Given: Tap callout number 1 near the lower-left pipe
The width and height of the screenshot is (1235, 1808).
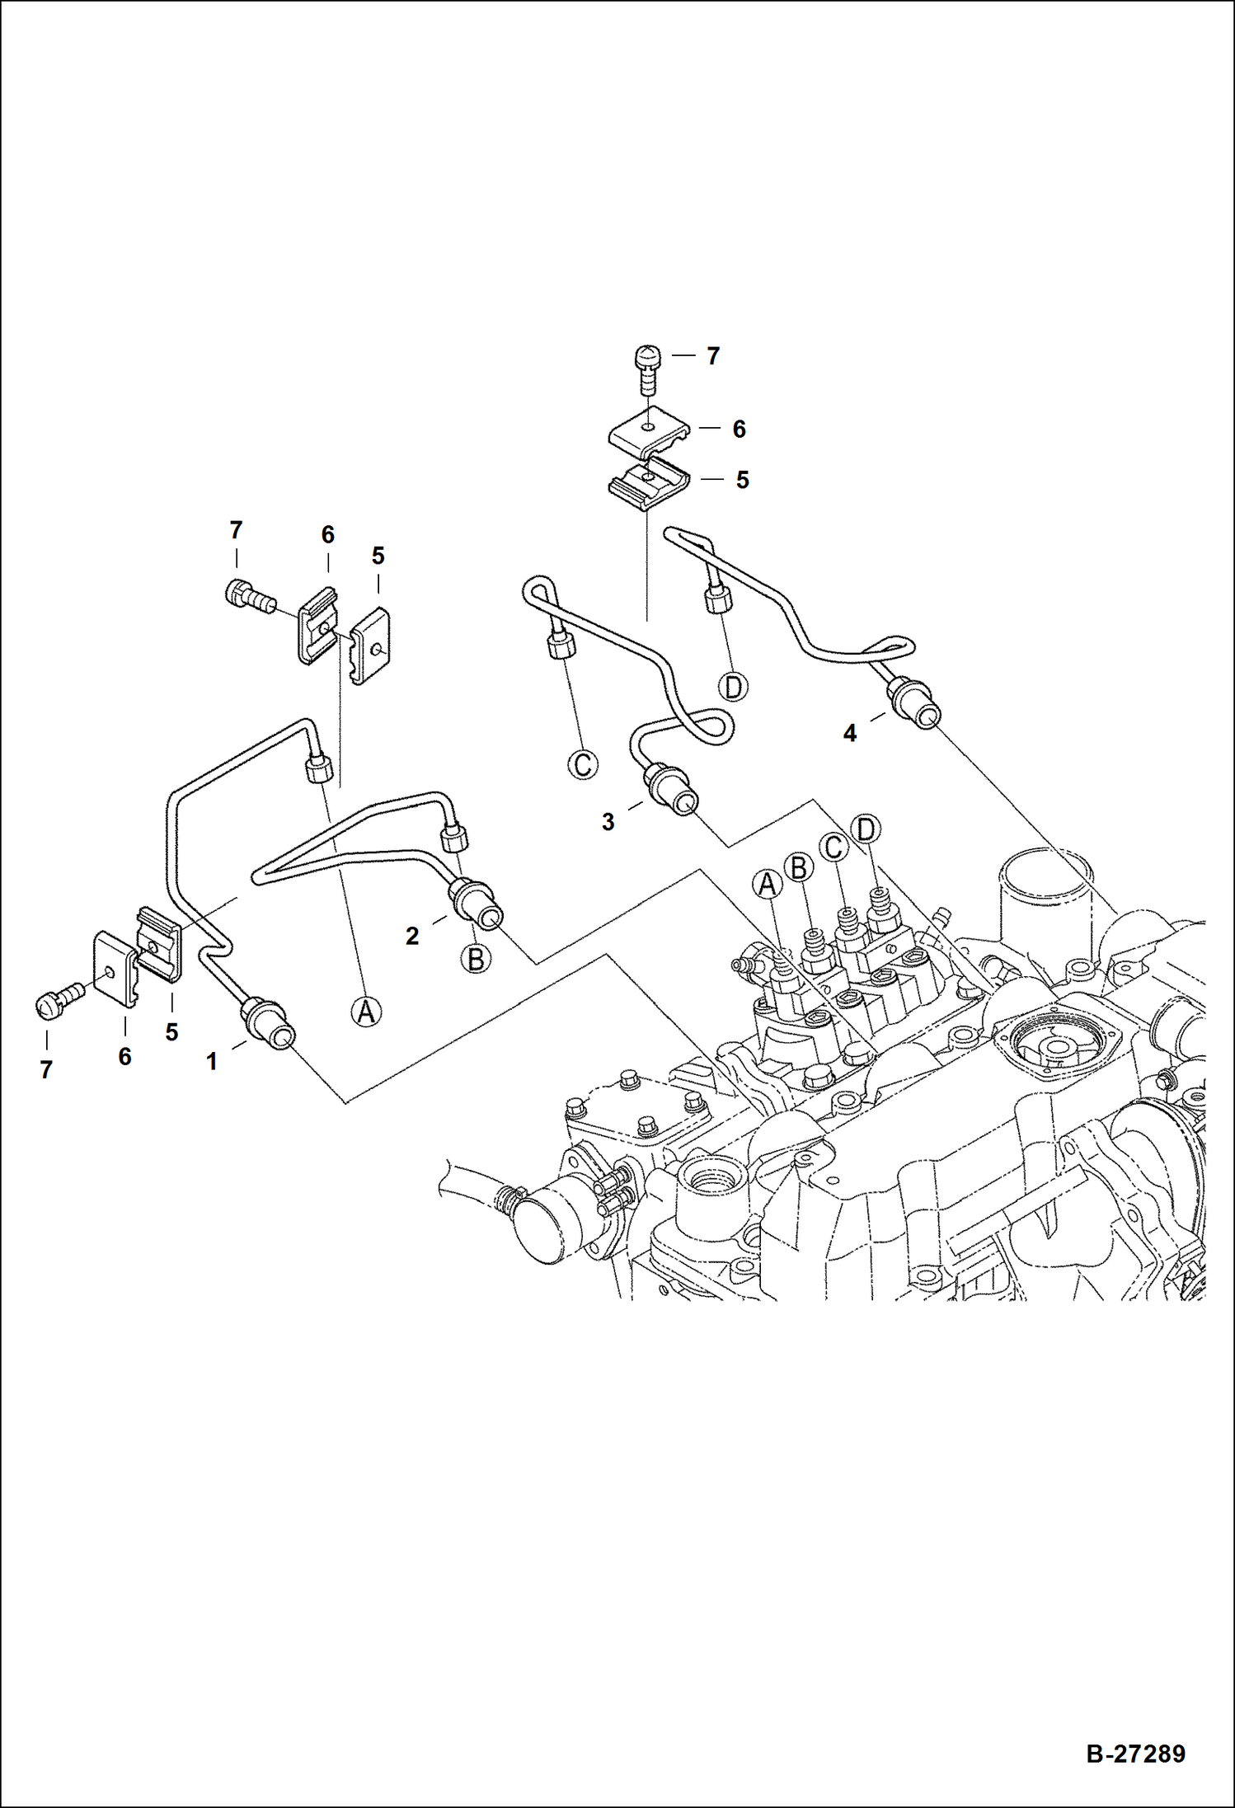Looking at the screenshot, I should coord(212,1062).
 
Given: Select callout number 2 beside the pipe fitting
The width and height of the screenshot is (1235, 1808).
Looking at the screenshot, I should coord(412,936).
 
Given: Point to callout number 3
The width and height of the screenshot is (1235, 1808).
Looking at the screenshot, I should coord(608,822).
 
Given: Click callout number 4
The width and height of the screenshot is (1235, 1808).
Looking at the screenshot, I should coord(850,733).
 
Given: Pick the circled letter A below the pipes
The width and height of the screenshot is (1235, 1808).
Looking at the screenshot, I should coord(366,1010).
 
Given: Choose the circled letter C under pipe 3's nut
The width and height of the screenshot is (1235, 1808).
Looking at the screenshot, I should coord(583,764).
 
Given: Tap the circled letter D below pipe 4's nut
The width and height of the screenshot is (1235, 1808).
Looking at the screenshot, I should coord(733,686).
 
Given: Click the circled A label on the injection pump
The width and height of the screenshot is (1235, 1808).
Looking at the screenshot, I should coord(768,885).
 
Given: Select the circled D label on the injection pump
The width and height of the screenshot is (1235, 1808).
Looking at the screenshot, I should coord(866,829).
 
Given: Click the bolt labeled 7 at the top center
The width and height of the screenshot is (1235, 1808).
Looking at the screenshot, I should coord(649,369).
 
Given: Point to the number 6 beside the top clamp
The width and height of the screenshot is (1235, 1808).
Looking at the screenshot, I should coord(739,430).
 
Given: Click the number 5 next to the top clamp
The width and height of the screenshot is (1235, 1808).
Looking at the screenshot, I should coord(742,481).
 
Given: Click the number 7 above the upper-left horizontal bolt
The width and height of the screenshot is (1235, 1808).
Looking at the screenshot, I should coord(236,530).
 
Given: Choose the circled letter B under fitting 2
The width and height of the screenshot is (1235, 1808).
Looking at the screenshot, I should coord(476,959).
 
